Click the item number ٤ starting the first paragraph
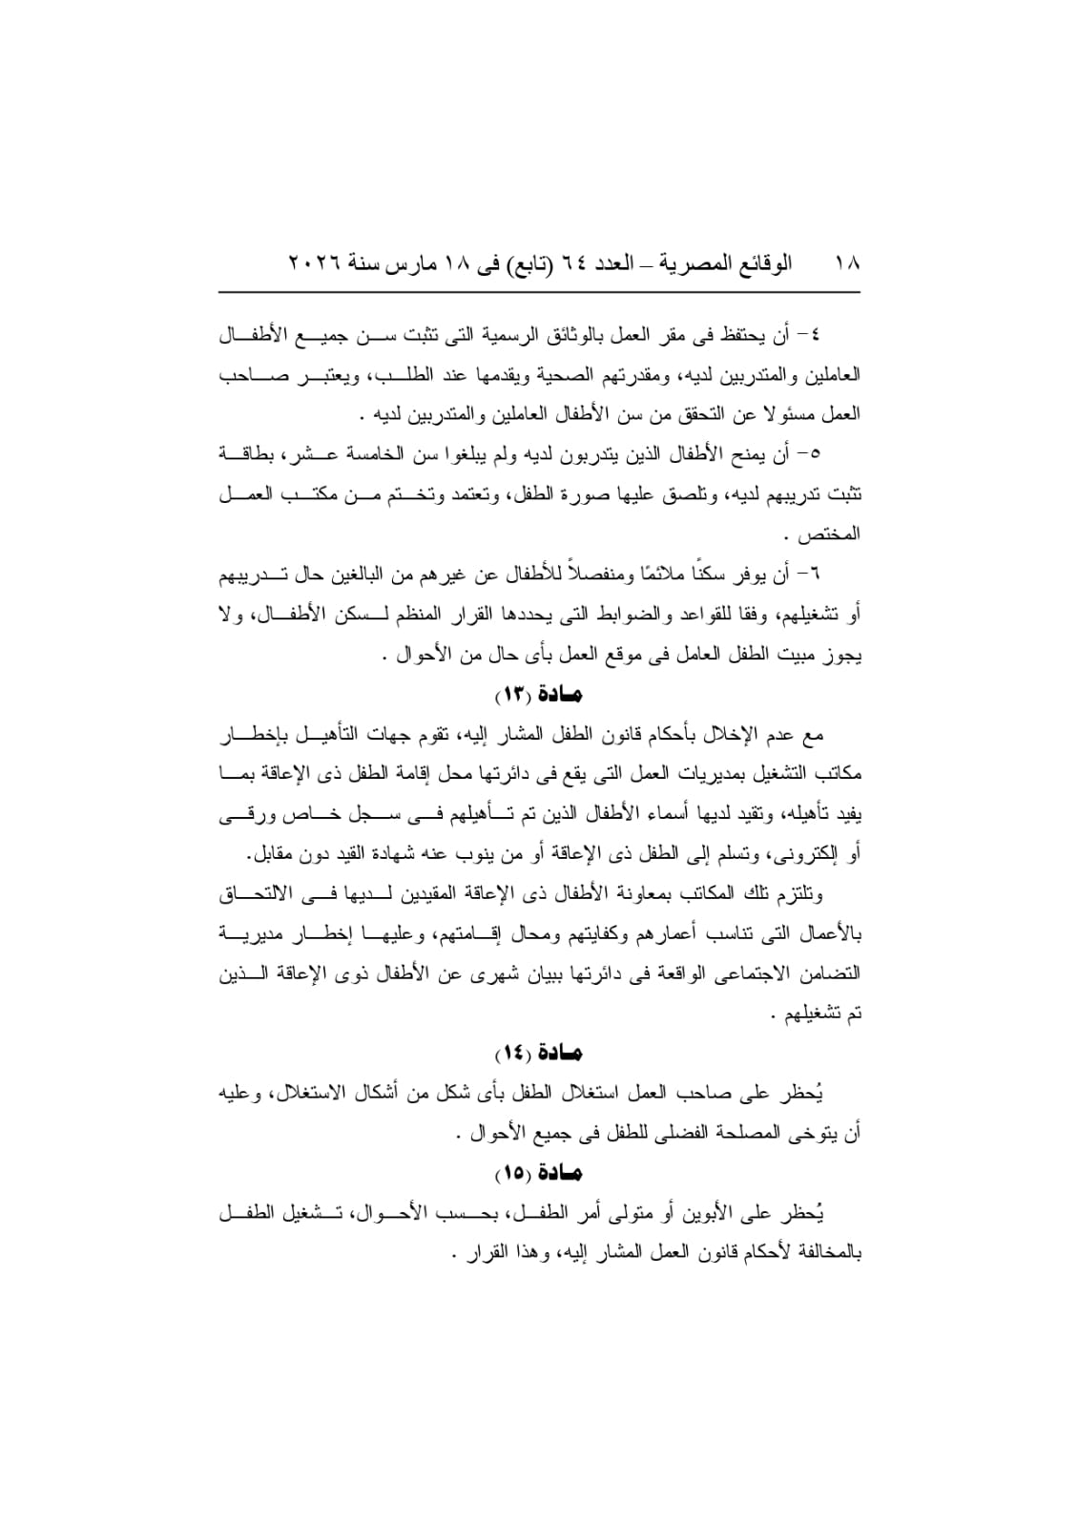(x=819, y=335)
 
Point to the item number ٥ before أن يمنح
(x=819, y=454)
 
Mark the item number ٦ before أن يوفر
(x=819, y=575)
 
